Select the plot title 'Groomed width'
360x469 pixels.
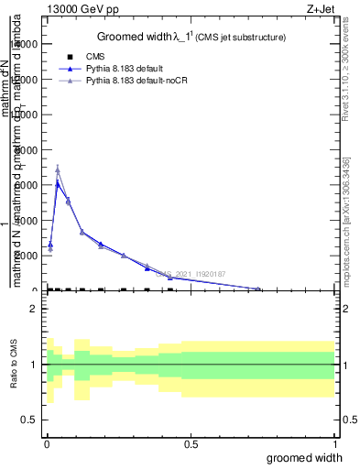click(137, 37)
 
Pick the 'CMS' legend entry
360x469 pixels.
click(96, 57)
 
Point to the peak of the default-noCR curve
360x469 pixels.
click(58, 169)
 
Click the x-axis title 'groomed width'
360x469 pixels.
click(311, 457)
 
